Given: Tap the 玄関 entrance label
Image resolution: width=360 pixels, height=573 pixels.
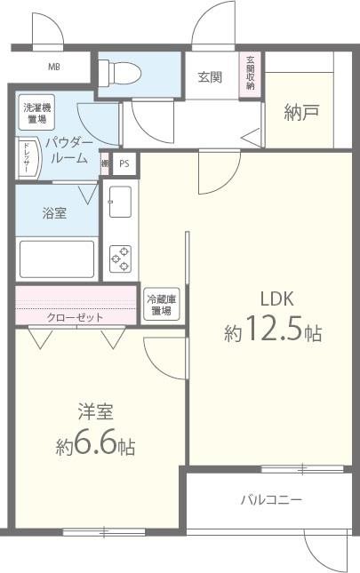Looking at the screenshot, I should (210, 77).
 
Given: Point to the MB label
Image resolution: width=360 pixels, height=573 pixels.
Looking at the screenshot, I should (55, 66).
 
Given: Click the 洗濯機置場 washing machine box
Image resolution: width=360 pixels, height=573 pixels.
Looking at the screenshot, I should (36, 114).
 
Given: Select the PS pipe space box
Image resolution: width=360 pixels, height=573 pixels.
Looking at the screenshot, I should (124, 163).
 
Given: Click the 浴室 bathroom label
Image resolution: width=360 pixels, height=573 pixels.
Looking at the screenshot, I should (55, 213).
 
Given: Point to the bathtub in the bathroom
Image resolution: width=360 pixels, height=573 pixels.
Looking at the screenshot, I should (57, 259).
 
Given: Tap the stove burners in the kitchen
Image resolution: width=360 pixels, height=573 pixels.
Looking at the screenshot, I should (120, 258).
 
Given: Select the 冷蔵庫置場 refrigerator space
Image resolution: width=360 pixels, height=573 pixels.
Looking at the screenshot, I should (161, 305).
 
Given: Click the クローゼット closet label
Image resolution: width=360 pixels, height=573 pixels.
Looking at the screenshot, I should (75, 317).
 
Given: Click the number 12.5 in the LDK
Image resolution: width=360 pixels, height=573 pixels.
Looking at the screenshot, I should (275, 333).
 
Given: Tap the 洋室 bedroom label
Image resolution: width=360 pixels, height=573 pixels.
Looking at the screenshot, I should (94, 411).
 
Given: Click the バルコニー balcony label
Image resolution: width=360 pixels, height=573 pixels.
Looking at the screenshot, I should (271, 500).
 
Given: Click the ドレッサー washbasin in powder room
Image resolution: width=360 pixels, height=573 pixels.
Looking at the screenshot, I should (27, 159).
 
